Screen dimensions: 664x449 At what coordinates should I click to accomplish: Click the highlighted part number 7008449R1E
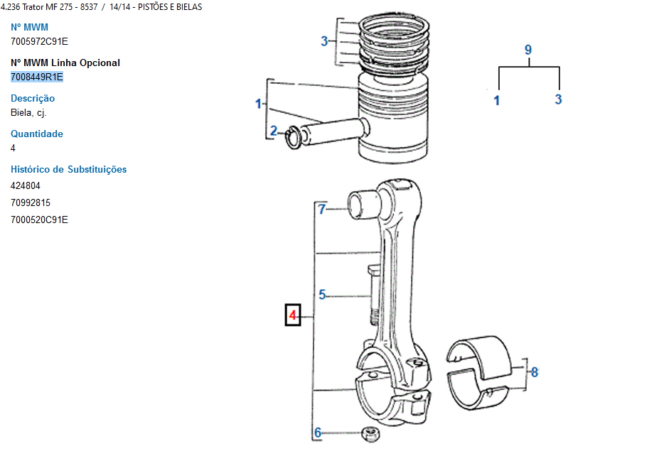(37, 77)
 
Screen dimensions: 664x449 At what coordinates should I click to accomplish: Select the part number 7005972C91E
(39, 41)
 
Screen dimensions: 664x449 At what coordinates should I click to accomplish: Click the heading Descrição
(33, 99)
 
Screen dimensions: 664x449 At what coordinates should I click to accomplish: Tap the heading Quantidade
(37, 134)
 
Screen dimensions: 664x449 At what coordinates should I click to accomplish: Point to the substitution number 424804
(26, 185)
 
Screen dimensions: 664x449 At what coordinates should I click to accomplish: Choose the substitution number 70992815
(31, 202)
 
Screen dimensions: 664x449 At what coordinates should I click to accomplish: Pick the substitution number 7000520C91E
(39, 220)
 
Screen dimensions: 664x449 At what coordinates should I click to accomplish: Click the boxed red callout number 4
(293, 315)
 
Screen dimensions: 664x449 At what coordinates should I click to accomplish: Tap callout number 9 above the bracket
(528, 50)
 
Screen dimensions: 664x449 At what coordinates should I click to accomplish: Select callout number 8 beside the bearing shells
(535, 372)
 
